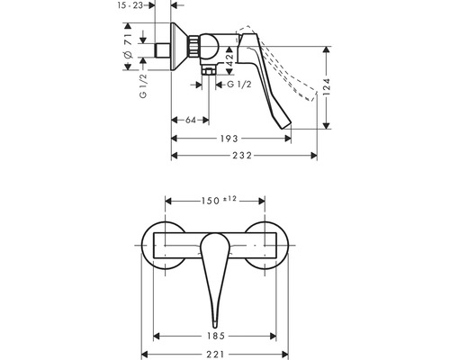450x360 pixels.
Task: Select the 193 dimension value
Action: pyautogui.click(x=229, y=139)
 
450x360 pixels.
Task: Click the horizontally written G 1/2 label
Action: pyautogui.click(x=239, y=85)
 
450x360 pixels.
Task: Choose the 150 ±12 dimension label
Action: pyautogui.click(x=214, y=199)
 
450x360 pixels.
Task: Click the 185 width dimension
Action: pyautogui.click(x=214, y=334)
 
